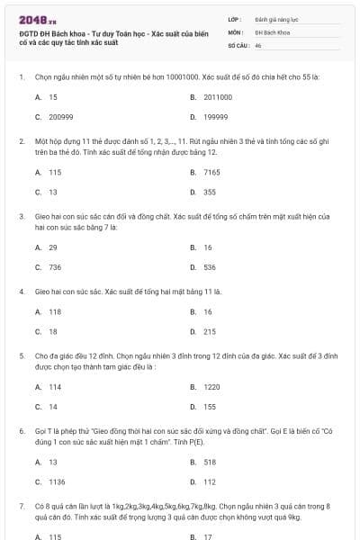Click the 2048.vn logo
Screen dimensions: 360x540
click(31, 20)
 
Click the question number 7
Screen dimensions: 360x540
click(21, 506)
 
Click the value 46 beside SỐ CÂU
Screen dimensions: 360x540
click(258, 44)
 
